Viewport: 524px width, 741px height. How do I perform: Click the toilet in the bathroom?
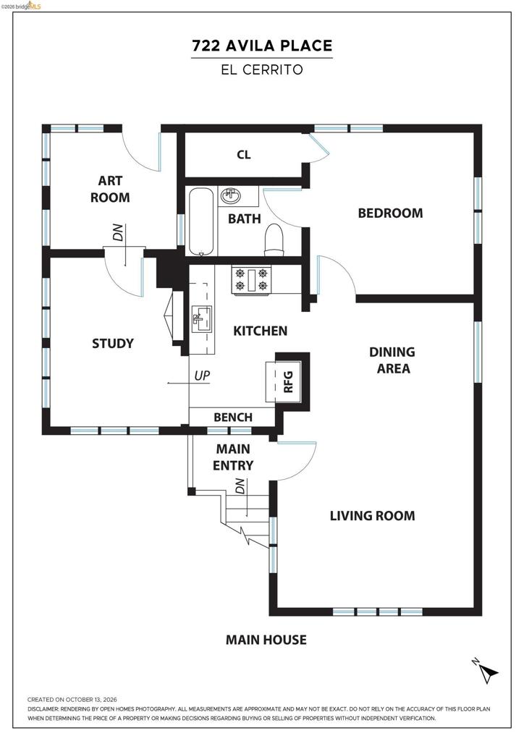tap(274, 240)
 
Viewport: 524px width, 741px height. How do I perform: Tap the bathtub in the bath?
tap(202, 221)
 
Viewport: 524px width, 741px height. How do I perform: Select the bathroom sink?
tap(231, 195)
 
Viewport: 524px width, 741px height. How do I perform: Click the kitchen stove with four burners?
tap(251, 280)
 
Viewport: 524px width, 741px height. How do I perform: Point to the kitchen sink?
tap(202, 319)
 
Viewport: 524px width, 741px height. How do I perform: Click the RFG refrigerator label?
tap(288, 382)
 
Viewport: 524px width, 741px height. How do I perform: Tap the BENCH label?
tap(233, 418)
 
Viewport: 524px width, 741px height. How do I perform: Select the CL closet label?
tap(244, 155)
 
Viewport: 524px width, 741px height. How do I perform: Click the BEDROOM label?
tap(390, 213)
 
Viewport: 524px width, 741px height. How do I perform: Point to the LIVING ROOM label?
tap(372, 515)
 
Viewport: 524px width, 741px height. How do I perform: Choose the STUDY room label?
tap(112, 344)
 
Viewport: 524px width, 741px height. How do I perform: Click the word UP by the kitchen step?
tap(202, 376)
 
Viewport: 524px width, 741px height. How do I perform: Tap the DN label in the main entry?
tap(240, 486)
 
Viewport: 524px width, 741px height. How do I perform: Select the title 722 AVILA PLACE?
tap(262, 46)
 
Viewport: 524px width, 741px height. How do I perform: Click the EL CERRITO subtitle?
tap(262, 70)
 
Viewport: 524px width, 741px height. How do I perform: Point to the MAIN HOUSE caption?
tap(266, 640)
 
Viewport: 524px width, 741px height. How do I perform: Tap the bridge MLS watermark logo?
tap(21, 6)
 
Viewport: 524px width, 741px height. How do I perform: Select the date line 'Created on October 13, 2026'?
tap(72, 700)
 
